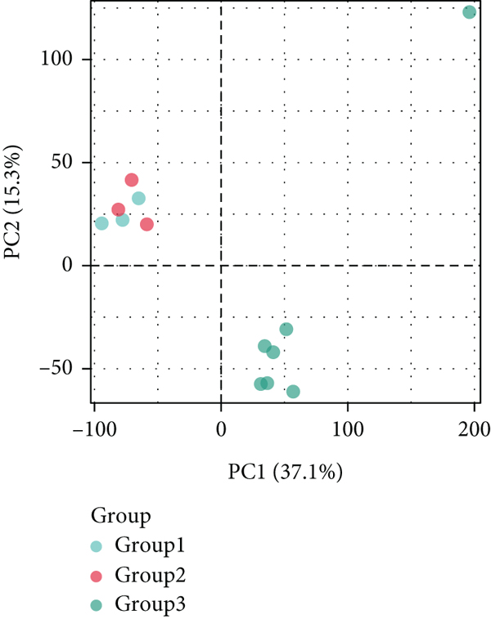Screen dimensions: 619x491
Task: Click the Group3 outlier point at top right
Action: tap(469, 12)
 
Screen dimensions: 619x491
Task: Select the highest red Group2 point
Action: tap(132, 180)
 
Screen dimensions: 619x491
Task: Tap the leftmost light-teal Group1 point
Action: tap(101, 223)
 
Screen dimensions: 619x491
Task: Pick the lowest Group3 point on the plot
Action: tap(293, 392)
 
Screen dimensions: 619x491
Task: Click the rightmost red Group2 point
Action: tap(146, 224)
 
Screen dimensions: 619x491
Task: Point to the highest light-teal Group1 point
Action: tap(138, 198)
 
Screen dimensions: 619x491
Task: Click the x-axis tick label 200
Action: tap(475, 428)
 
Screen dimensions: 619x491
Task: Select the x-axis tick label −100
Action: tap(94, 428)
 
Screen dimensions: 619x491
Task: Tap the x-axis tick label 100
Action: tap(348, 428)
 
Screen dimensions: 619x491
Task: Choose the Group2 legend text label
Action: tap(155, 576)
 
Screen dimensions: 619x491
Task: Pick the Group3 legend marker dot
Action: tap(97, 605)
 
